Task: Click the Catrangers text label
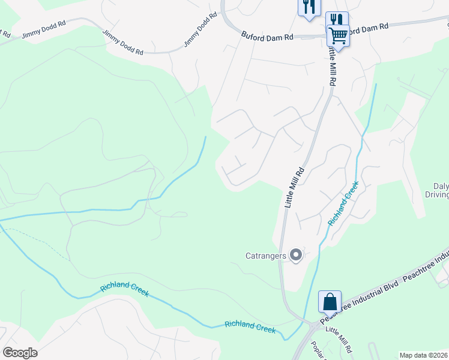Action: [267, 256]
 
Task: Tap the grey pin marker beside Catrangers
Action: [295, 256]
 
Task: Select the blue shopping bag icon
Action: [330, 301]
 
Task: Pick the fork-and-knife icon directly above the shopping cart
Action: [337, 20]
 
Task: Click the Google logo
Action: [20, 352]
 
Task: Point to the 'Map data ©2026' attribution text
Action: [424, 355]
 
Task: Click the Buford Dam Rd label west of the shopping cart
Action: [267, 37]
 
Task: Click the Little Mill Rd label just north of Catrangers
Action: [295, 188]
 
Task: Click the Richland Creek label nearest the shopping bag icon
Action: [250, 327]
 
